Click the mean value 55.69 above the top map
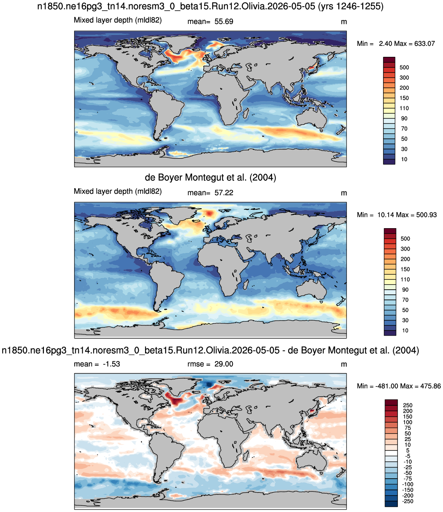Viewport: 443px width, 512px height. coord(224,22)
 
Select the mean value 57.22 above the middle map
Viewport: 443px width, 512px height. coord(224,193)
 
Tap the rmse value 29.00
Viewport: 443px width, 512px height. coord(224,364)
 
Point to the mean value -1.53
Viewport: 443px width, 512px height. coord(111,364)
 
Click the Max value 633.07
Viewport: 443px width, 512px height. coord(425,44)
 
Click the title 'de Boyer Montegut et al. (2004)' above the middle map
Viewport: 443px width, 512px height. coord(211,177)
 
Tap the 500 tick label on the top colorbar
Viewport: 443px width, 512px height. coord(404,67)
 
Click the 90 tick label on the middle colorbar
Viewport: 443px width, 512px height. coord(405,290)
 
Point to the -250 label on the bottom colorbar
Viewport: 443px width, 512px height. coord(408,501)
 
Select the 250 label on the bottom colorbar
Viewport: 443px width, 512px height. coord(408,405)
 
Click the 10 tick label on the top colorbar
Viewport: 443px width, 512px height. coord(404,159)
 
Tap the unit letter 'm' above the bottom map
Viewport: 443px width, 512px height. coord(344,364)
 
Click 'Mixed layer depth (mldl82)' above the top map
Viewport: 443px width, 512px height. coord(118,20)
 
